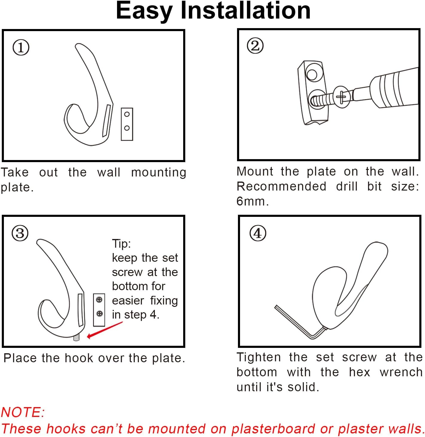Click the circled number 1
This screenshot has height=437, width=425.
(21, 48)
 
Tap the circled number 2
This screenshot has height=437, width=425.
(255, 45)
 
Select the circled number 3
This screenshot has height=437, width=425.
(20, 233)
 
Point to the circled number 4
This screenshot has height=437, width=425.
(258, 233)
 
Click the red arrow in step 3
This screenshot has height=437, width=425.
(105, 330)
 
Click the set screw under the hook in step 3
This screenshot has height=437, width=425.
(76, 338)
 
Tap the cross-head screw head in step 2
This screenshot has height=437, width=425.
(341, 97)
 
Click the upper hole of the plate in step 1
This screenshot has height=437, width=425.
(127, 114)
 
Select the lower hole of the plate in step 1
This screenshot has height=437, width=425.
(127, 128)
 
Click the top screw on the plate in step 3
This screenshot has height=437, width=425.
(99, 300)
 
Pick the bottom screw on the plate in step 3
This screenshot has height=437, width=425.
(99, 313)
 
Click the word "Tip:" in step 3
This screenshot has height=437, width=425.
(121, 244)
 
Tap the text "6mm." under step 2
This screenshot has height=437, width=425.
(252, 201)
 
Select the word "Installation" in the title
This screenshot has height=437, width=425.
(246, 11)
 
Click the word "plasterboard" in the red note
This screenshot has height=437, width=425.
(273, 428)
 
